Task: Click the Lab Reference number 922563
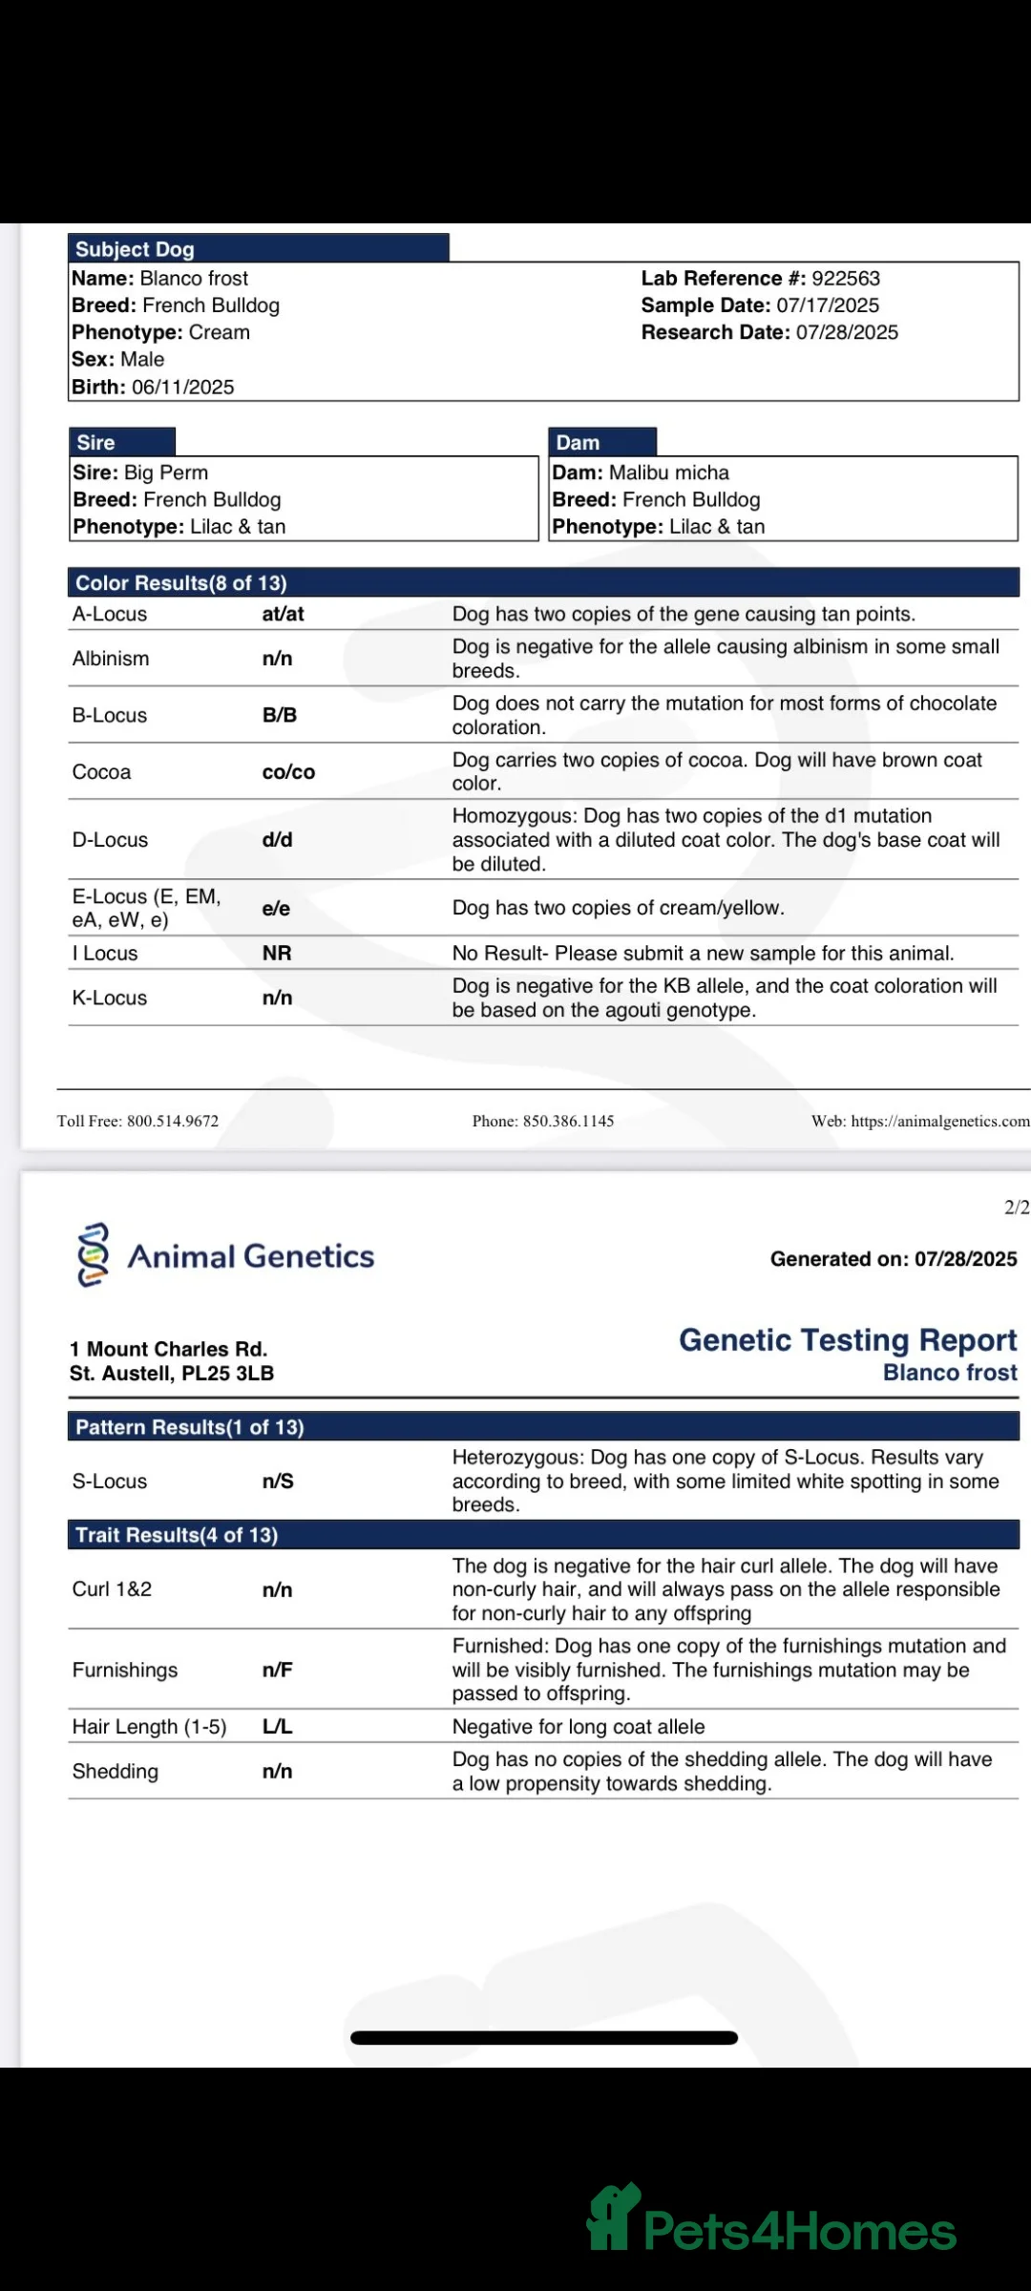846,279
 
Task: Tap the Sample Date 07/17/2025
828,305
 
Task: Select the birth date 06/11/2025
182,388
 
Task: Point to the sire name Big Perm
166,473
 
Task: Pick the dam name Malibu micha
668,473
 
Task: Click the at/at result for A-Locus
283,614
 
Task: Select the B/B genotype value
280,715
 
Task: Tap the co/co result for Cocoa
288,772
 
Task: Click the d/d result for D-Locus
278,840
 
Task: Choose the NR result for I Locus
277,953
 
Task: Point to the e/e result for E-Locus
276,908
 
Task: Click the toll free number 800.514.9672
173,1121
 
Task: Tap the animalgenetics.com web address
939,1121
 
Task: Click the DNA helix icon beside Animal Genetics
93,1255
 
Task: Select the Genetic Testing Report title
848,1340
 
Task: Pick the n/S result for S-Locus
278,1482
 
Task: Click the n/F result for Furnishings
278,1670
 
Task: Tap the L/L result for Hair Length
278,1727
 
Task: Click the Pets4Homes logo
771,2220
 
